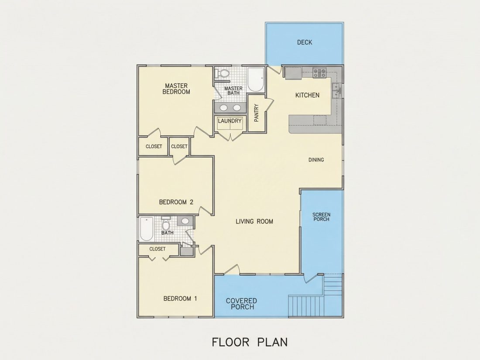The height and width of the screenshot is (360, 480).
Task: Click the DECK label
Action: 305,42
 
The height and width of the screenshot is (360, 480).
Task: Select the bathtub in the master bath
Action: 256,80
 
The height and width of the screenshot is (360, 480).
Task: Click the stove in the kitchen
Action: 319,73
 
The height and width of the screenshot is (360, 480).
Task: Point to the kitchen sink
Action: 336,90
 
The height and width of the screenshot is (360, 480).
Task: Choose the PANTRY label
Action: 257,113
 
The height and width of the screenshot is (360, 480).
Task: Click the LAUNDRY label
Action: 230,121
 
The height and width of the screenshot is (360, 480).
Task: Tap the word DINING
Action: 316,160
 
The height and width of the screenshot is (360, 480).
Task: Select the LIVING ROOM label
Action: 254,221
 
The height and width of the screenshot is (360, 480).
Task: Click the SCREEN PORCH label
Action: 321,217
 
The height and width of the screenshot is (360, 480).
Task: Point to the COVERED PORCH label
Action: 241,304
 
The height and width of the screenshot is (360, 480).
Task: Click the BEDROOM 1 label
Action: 180,298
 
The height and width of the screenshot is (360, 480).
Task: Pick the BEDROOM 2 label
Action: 176,202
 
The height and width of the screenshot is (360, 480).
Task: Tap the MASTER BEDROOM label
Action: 176,89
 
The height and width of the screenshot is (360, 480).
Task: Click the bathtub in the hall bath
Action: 147,229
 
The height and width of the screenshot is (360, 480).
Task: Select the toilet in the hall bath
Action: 166,224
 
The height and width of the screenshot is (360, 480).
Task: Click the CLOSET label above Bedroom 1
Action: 158,249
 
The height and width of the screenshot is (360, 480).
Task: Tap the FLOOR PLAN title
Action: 250,342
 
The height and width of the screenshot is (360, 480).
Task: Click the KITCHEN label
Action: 307,95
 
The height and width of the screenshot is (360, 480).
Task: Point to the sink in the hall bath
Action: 185,221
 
